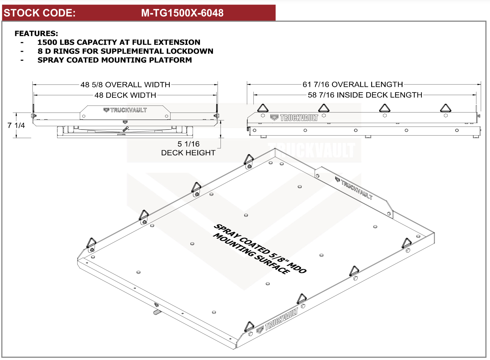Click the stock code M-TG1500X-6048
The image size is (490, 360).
tap(182, 13)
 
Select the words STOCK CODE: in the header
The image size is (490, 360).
tap(40, 13)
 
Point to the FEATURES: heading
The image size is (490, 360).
tap(36, 33)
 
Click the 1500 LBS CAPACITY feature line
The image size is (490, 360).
tap(119, 42)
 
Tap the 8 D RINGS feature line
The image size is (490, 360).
tap(125, 51)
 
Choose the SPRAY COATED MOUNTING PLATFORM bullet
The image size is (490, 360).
tap(114, 60)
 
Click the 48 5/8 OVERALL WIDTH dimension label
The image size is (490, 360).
tap(125, 85)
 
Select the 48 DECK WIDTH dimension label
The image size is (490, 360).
tap(125, 95)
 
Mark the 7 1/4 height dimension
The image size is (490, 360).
tap(16, 125)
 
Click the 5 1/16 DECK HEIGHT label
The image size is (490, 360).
tap(188, 148)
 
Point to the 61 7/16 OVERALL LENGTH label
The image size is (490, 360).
tap(352, 84)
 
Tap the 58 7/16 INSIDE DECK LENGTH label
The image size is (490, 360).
tap(365, 95)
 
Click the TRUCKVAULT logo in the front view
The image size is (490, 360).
tap(125, 110)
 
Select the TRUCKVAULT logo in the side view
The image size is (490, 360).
tap(294, 118)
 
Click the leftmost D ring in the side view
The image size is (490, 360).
tap(263, 108)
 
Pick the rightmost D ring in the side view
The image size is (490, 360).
tap(445, 108)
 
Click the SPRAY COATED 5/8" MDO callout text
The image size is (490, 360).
tap(260, 249)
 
